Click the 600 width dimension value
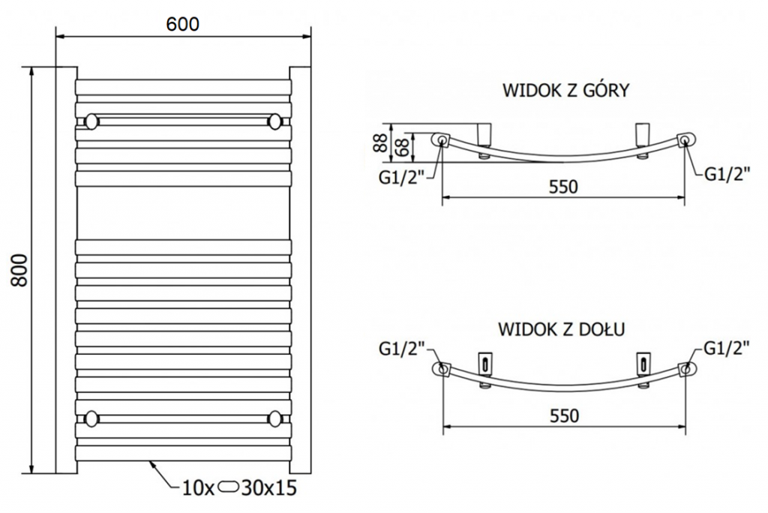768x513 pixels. click(x=183, y=24)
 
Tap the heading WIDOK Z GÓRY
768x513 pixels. click(x=565, y=91)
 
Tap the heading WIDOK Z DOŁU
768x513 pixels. click(x=562, y=329)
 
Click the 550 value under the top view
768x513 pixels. click(x=563, y=187)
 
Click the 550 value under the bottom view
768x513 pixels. click(x=564, y=415)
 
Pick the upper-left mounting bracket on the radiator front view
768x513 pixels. click(x=92, y=120)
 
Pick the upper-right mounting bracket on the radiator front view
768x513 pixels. click(x=275, y=120)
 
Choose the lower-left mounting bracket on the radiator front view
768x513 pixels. click(x=92, y=418)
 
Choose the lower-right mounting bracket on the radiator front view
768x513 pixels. click(x=275, y=418)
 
